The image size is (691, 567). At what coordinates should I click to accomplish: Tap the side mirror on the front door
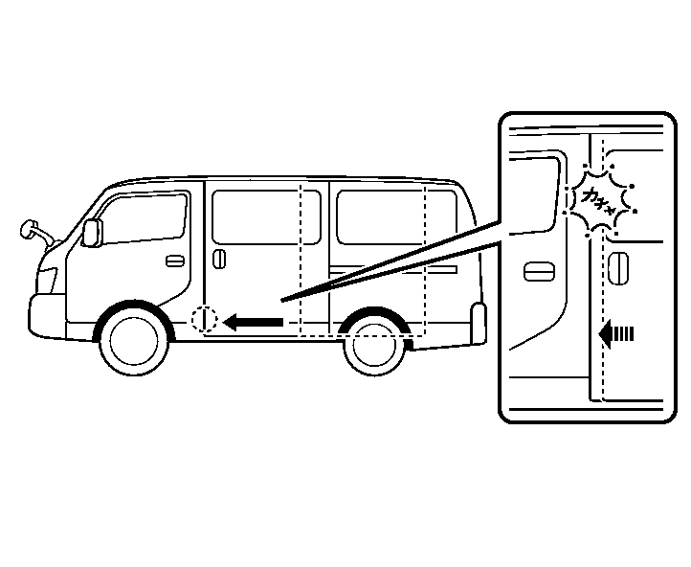point(93,233)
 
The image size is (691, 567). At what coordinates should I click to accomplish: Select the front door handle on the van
point(174,261)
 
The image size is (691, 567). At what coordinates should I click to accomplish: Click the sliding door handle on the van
point(220,261)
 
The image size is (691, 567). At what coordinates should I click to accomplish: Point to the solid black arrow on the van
point(253,323)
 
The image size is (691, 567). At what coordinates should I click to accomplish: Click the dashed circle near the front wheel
point(205,319)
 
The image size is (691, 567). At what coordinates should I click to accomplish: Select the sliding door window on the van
point(254,216)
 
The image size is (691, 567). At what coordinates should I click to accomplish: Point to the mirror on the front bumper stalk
point(31,229)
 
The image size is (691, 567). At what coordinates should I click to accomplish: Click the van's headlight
point(45,279)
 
